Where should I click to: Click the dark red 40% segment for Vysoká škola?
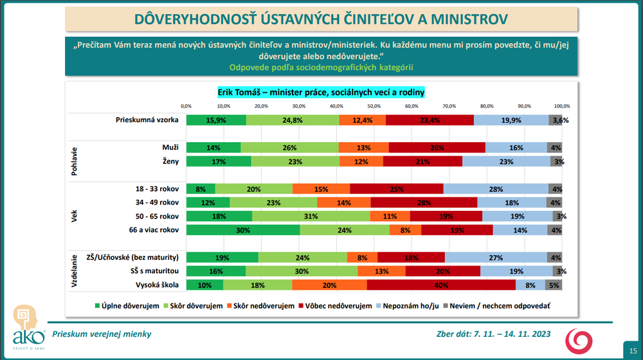[441, 285]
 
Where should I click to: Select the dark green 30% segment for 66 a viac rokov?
[243, 230]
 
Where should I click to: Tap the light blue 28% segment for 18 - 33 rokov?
[496, 189]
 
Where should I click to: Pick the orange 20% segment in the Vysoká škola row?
[329, 285]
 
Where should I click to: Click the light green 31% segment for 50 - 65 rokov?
[311, 216]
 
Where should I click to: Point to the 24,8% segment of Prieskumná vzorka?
[293, 120]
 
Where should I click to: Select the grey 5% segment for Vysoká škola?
[554, 285]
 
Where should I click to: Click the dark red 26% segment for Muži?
[437, 148]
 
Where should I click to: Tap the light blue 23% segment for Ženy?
[505, 161]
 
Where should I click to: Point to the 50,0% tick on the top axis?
[374, 105]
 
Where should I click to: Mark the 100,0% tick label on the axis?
[562, 105]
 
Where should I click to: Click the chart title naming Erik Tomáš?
[321, 93]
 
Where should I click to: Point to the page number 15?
[631, 348]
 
